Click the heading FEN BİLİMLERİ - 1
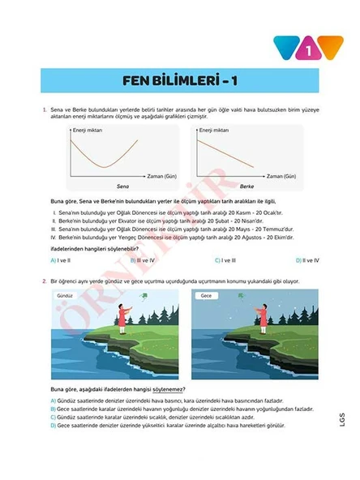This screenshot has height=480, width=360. (x=179, y=80)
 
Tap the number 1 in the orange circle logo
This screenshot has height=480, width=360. (x=309, y=49)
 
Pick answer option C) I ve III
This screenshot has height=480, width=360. (x=225, y=260)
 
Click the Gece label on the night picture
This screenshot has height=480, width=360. (x=207, y=298)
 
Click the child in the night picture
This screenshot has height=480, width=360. (x=265, y=319)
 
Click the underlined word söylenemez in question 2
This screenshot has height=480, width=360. (x=159, y=390)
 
